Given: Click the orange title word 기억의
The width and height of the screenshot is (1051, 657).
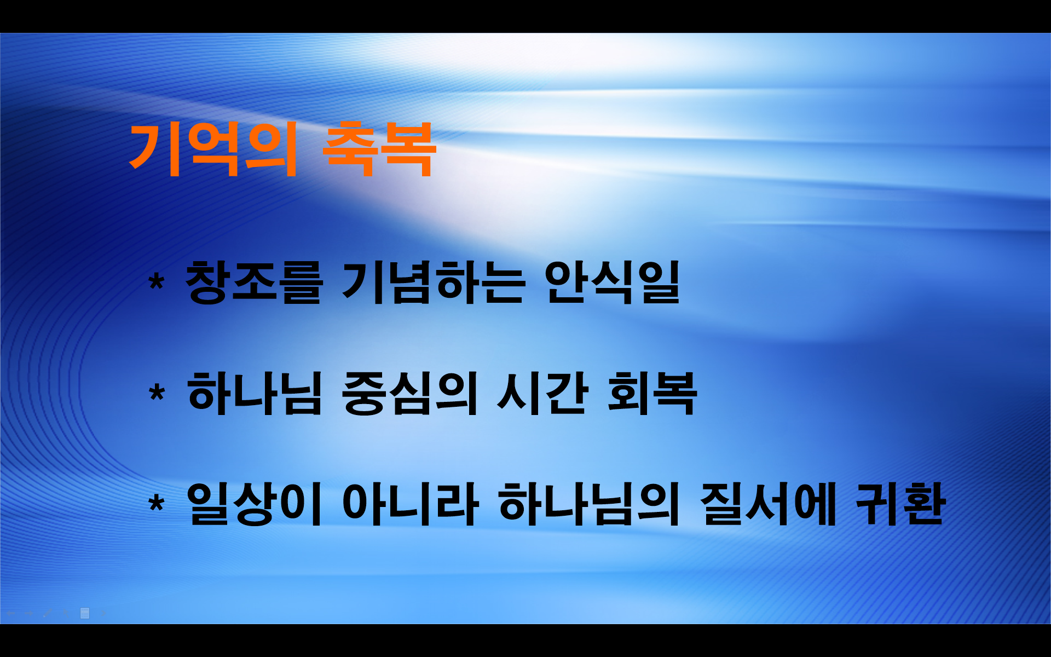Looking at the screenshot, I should (x=213, y=149).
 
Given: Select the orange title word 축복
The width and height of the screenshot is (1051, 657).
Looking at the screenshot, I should (x=379, y=149).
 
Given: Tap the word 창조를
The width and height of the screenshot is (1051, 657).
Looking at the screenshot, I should (x=253, y=283).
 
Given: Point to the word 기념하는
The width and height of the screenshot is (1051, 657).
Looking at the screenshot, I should (x=433, y=283).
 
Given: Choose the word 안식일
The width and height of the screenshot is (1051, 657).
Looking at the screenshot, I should (x=612, y=283).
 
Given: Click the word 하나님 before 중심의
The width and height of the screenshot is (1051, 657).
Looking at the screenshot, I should (x=255, y=393).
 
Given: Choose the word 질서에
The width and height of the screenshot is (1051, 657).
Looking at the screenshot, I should (x=768, y=504).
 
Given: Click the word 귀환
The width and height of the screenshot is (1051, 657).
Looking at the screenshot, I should (x=900, y=504).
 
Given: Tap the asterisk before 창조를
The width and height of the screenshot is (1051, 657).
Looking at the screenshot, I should (x=157, y=283).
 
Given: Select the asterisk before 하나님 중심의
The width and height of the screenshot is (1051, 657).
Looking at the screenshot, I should (x=157, y=393).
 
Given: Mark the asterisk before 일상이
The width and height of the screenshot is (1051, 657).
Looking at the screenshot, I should (x=157, y=503).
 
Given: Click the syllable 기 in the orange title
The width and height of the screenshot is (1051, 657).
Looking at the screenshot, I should (x=154, y=149).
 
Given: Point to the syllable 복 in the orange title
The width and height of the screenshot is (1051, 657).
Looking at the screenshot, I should (x=408, y=149).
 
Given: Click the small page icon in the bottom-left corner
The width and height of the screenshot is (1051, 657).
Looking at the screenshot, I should (x=85, y=613).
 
